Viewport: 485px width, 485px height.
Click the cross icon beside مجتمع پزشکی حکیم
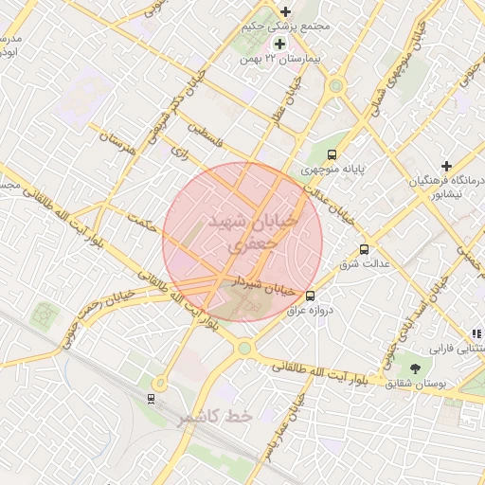285,12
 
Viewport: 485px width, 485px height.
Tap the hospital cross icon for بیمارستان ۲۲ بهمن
279,44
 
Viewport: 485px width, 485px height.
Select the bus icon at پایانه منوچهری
332,154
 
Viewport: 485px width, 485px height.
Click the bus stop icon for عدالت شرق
365,250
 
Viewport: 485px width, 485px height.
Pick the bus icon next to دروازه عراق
312,295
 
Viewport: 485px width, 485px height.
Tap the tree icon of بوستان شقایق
415,368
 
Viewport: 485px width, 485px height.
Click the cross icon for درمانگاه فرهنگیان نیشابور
446,166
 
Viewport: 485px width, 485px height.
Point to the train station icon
151,399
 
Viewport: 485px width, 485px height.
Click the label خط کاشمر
216,417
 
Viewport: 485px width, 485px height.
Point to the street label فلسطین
207,130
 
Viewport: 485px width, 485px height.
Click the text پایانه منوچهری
333,171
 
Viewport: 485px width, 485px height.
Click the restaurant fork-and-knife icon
476,333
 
